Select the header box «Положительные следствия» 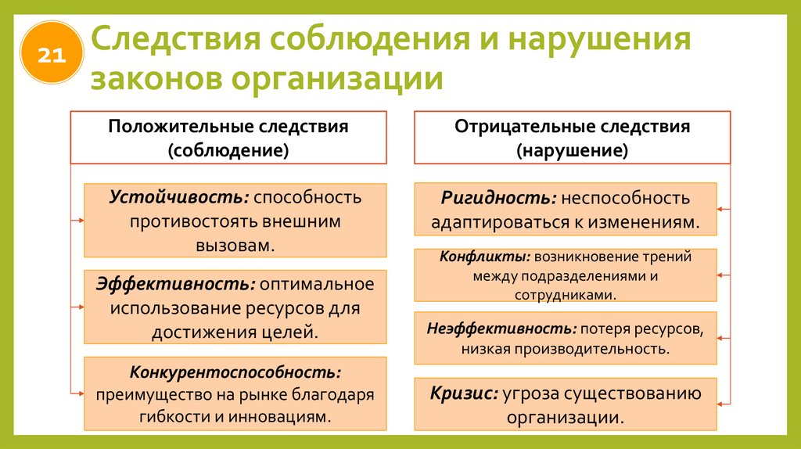coord(228,138)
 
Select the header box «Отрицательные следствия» coord(572,138)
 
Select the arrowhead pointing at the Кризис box coord(722,404)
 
